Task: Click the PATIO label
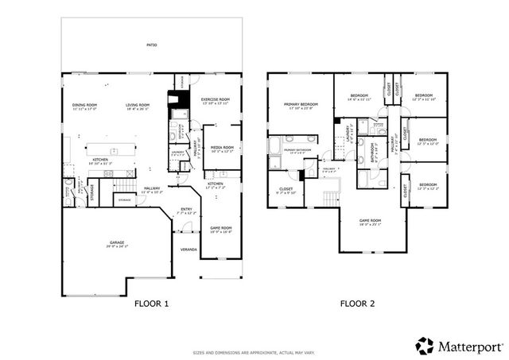[151, 45]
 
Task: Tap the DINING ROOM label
[84, 105]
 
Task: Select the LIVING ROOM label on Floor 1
[138, 105]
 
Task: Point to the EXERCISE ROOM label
[215, 99]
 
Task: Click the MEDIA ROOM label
[222, 147]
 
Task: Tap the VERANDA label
[188, 249]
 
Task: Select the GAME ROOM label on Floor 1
[220, 228]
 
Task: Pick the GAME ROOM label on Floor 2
[371, 221]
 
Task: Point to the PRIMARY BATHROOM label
[296, 149]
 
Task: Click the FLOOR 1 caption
[150, 303]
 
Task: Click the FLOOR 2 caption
[357, 303]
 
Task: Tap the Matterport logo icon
[425, 346]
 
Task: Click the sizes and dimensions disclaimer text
[254, 353]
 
